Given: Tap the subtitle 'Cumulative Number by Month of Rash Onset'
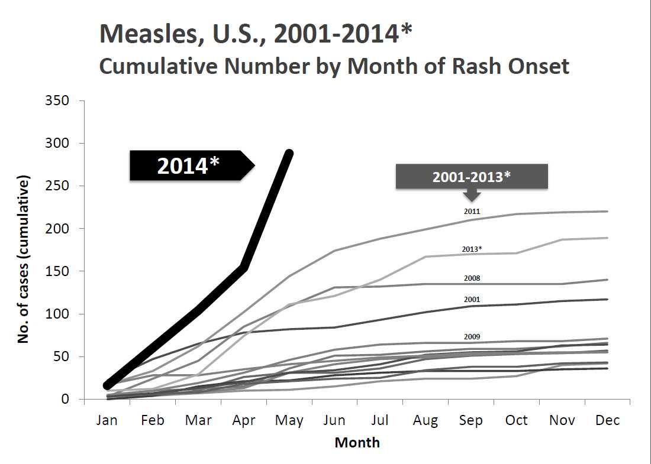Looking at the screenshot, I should pos(334,66).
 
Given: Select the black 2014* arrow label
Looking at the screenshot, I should pos(188,165).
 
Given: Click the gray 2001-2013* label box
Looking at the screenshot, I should pos(471,176).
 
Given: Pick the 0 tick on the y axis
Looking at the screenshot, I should pos(66,400).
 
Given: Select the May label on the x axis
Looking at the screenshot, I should pos(289,420).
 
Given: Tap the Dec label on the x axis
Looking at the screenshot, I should pos(608,420).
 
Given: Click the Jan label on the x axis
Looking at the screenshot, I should pos(107,420).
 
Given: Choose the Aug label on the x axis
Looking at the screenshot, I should pos(426,420).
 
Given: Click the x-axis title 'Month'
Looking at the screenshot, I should pos(357,443).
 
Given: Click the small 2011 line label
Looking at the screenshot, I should pos(472,210).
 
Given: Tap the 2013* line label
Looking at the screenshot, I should pos(472,248).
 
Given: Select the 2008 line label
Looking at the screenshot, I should pos(472,278).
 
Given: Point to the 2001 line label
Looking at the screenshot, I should pos(472,299).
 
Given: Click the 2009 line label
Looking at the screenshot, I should pos(472,336).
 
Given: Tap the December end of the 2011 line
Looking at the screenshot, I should pos(608,212).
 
